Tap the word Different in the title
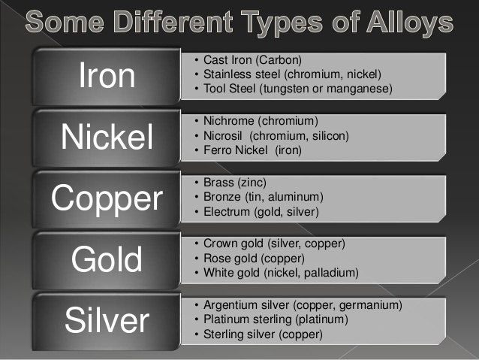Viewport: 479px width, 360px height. point(174,22)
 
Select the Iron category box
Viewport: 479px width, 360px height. point(107,76)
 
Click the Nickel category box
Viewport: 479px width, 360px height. point(107,138)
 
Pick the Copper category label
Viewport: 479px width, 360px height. point(107,199)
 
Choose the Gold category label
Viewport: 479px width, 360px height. point(107,259)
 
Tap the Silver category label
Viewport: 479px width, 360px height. point(107,320)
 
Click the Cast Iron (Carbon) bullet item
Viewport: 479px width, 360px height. point(248,60)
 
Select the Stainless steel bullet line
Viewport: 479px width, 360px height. point(288,74)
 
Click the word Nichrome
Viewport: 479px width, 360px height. point(228,121)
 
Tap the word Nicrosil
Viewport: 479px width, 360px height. point(223,135)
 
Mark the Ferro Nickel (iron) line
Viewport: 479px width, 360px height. point(248,150)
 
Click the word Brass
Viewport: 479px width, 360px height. point(218,183)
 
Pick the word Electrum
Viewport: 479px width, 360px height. point(227,212)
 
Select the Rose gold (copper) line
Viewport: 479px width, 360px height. point(249,259)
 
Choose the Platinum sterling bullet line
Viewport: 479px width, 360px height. point(271,319)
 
